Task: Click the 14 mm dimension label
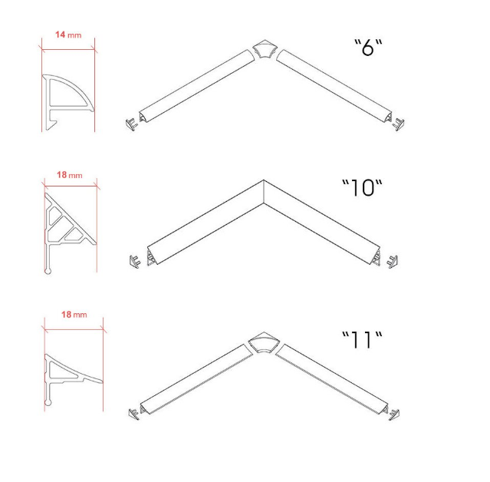tap(68, 35)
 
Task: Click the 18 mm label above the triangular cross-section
tap(70, 175)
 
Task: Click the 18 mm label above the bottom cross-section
tap(74, 315)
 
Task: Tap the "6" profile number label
tap(368, 48)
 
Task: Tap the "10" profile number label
tap(362, 188)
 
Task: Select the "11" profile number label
tap(362, 339)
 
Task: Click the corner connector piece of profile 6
tap(265, 49)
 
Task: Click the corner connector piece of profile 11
tap(263, 342)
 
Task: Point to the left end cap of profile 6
tap(132, 124)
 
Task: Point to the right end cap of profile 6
tap(398, 124)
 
